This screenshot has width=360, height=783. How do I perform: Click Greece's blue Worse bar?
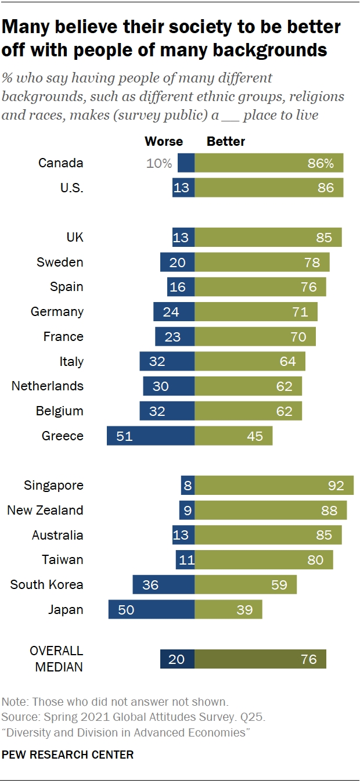(x=150, y=436)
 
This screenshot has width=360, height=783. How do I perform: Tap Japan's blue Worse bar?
(x=152, y=609)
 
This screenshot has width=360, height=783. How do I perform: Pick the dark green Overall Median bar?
(x=260, y=659)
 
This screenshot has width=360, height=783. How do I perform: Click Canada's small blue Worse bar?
(x=186, y=163)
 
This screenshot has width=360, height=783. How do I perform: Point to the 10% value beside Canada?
(x=159, y=163)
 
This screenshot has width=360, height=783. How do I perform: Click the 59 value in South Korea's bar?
(x=279, y=584)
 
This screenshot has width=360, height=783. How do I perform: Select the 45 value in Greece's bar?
(x=255, y=436)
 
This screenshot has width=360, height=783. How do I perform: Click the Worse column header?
(x=163, y=141)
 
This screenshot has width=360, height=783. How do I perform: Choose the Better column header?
(x=226, y=141)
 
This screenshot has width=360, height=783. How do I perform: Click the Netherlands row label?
(x=48, y=386)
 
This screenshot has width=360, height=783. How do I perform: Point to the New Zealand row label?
(x=45, y=510)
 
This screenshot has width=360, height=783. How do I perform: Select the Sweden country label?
(x=60, y=262)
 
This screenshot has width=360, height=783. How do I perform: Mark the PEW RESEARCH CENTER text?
(x=68, y=755)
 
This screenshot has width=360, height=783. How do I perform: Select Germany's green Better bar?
(x=256, y=312)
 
